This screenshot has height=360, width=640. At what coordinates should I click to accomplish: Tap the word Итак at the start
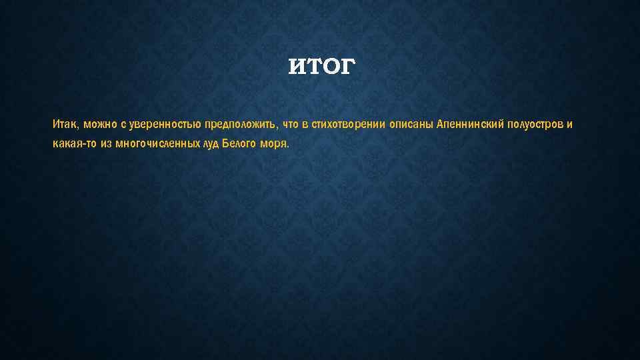point(65,125)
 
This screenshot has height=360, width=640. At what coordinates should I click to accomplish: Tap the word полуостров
point(536,125)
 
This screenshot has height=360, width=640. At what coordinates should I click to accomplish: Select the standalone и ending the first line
point(570,125)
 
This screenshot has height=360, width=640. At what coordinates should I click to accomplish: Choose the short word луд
point(210,144)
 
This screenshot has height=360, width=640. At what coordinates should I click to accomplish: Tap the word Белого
point(238,144)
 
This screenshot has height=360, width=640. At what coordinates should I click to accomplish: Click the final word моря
point(275,144)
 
